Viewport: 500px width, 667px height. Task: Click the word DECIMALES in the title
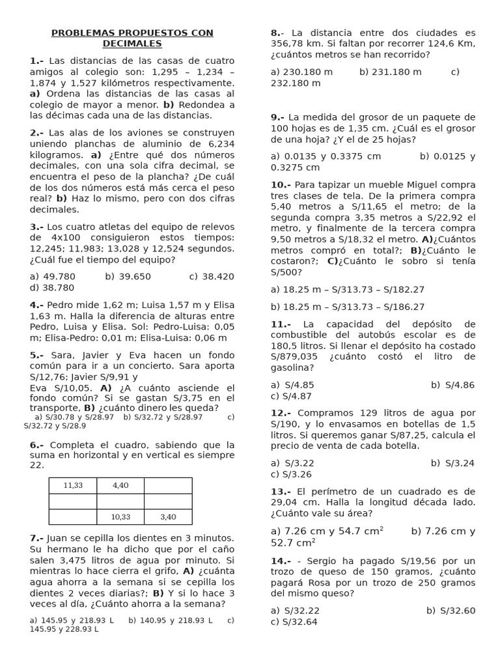(132, 44)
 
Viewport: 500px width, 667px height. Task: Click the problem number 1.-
(36, 61)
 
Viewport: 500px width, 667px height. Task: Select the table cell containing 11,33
(73, 485)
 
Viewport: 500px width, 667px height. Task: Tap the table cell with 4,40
(120, 485)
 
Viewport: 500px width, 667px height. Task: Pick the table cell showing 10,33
(120, 517)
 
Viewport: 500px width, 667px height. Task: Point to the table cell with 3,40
(168, 517)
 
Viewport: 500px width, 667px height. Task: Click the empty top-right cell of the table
(168, 485)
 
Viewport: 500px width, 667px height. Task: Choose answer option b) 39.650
(128, 276)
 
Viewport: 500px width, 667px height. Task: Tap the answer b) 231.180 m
(390, 72)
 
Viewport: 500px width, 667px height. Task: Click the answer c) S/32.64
(294, 621)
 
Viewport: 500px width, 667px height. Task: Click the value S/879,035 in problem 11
(294, 357)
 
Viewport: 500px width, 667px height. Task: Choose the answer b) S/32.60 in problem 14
(451, 610)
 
